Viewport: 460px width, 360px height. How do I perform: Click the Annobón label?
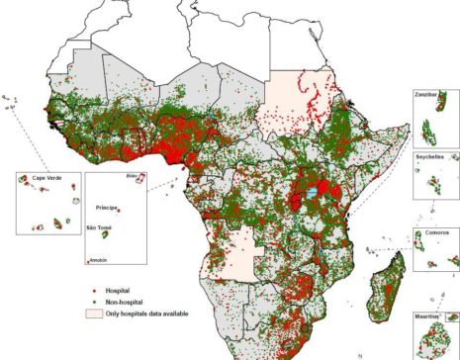[x=99, y=260]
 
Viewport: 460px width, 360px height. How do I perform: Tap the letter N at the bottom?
[x=360, y=354]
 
